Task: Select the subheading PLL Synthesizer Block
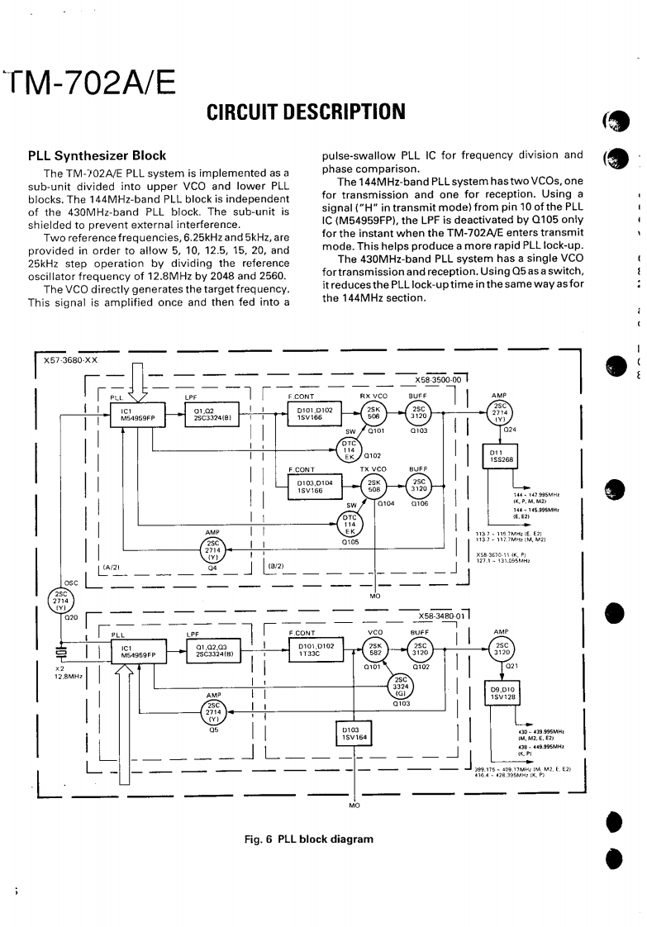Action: [97, 155]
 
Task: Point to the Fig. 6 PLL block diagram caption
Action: [309, 839]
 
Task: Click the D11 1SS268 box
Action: [502, 457]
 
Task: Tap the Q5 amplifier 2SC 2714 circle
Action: [213, 712]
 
